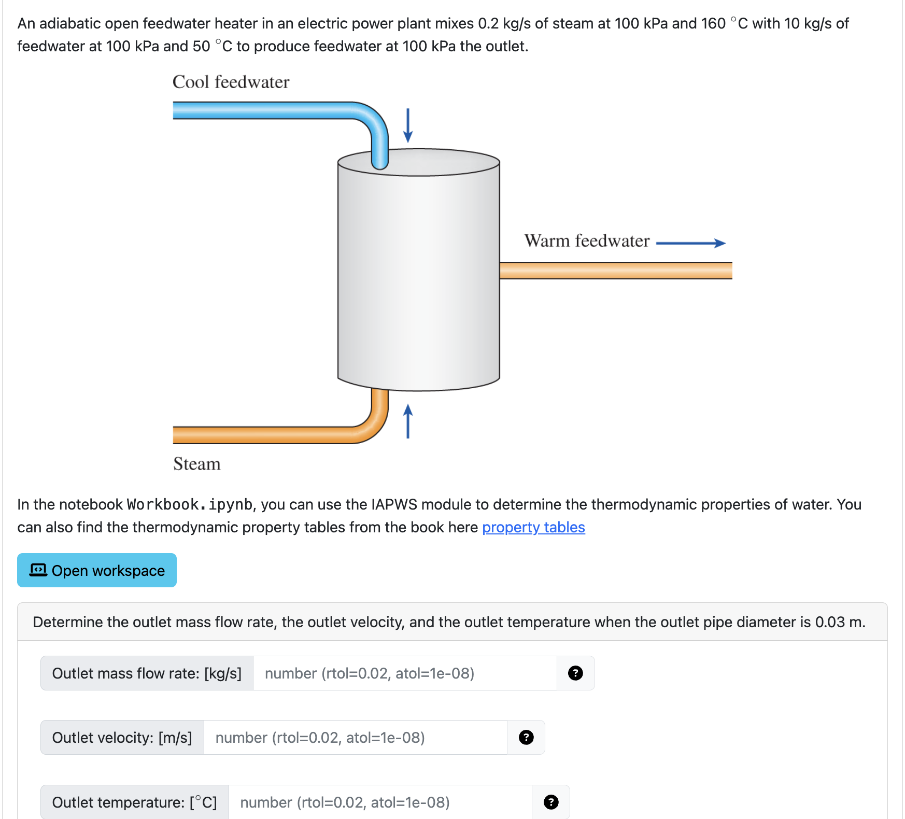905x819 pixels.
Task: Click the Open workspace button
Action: [97, 570]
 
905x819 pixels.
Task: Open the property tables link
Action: [533, 527]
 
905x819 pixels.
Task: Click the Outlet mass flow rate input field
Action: [404, 673]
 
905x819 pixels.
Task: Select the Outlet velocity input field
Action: [355, 738]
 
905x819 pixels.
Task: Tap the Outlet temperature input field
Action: [380, 802]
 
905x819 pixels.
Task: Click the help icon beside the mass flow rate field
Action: [575, 673]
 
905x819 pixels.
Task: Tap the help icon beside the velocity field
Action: [526, 738]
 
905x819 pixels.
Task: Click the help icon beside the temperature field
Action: [551, 802]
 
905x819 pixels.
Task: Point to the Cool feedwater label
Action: [231, 82]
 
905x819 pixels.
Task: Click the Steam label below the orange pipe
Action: [196, 464]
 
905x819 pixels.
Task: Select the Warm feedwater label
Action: [586, 241]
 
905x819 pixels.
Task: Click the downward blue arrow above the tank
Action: [408, 125]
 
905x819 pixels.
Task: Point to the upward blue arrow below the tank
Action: [408, 421]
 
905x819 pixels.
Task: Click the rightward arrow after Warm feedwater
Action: [691, 243]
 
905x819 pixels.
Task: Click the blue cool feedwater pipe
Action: [270, 110]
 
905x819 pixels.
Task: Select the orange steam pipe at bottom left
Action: [270, 435]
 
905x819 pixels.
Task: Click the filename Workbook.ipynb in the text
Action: [189, 504]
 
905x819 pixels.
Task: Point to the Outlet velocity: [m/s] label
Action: [122, 738]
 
